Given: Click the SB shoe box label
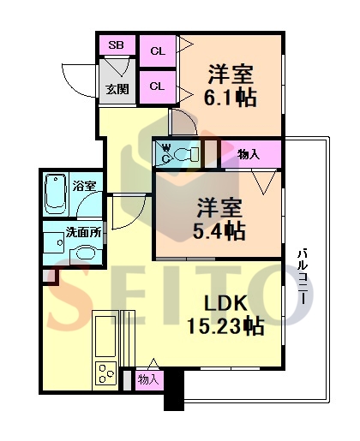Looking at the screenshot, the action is pos(116,45).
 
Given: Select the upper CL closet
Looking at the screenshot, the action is pos(158,51).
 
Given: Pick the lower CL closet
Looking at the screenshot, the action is pos(158,86).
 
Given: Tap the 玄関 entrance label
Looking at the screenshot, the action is pos(117,89).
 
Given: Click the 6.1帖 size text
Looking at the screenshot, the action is pos(230,98).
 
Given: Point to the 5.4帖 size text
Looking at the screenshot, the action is pos(219,231).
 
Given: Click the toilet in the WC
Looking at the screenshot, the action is pos(186,154).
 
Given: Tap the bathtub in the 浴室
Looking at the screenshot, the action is pos(56,195).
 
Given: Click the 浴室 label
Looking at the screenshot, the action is pos(84,186).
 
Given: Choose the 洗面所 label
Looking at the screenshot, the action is pos(83,232).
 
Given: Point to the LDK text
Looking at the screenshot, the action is pos(225,303).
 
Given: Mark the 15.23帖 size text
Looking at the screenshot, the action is pos(225,326).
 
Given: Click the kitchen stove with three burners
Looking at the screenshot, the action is pos(105,374).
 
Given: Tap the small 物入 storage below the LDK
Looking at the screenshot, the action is pos(149,380).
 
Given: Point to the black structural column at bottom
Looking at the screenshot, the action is pos(174,389).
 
